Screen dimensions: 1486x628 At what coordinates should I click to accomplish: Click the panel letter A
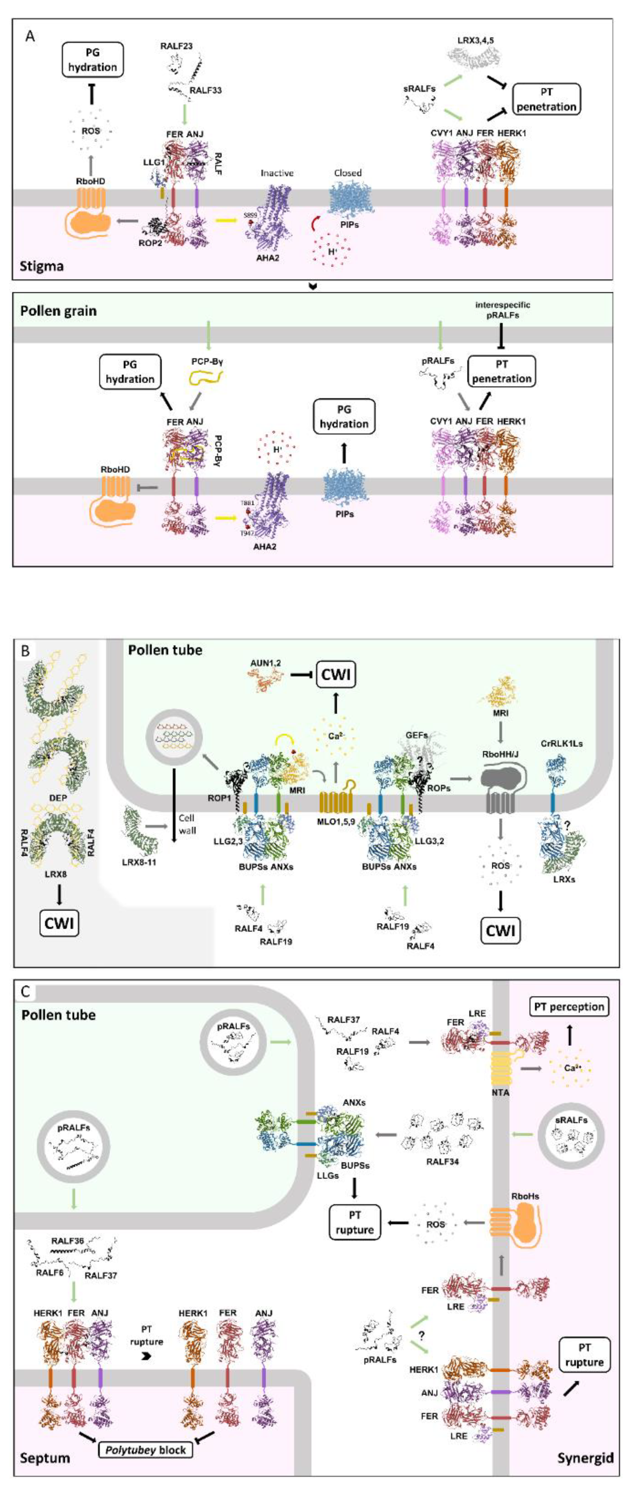click(x=30, y=36)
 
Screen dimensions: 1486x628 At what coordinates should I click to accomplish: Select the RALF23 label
click(x=176, y=46)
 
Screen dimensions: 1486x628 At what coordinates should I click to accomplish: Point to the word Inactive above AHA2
click(x=277, y=173)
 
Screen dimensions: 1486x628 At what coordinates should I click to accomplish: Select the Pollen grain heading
click(x=58, y=311)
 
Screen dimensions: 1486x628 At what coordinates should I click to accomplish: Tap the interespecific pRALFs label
click(x=502, y=310)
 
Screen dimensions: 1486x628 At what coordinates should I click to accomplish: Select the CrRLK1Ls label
click(x=562, y=744)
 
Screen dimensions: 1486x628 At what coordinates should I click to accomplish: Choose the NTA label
click(x=500, y=1092)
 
